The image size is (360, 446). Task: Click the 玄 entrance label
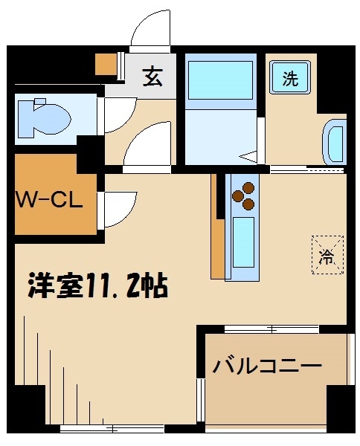152,77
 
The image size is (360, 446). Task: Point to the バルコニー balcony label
267,366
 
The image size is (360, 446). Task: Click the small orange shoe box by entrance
107,65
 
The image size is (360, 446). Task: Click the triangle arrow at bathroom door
248,157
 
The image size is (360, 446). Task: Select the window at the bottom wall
112,428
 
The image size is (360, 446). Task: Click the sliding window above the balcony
271,328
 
